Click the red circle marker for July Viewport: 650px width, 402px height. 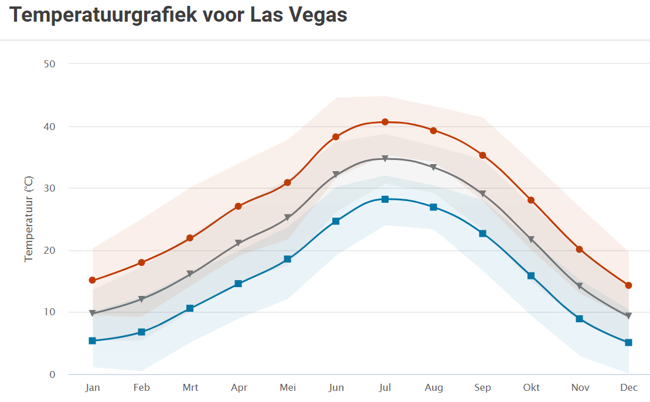tap(385, 122)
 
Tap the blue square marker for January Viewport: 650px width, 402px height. tap(92, 340)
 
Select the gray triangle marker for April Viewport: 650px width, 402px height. tap(239, 243)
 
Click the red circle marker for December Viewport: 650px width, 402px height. tap(628, 285)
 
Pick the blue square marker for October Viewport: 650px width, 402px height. tap(531, 275)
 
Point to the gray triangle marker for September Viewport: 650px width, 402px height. tap(482, 193)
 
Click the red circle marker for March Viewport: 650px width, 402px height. tap(190, 238)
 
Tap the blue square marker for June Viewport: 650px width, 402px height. tap(336, 221)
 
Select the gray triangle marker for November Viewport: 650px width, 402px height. tap(579, 286)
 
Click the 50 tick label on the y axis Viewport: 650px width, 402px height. tap(49, 63)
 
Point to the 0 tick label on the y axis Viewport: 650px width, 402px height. tap(52, 374)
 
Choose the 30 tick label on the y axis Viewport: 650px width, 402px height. tap(49, 188)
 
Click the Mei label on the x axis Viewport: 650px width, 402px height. tap(288, 387)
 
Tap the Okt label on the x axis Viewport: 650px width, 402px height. tap(531, 387)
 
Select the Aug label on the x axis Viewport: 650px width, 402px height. tap(434, 387)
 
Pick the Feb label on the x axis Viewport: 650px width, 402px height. tap(141, 387)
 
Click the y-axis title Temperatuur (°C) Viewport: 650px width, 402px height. tap(28, 219)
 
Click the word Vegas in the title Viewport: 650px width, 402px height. tap(318, 15)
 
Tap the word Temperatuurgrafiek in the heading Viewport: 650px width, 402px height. tap(103, 15)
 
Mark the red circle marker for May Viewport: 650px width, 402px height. tap(287, 183)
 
